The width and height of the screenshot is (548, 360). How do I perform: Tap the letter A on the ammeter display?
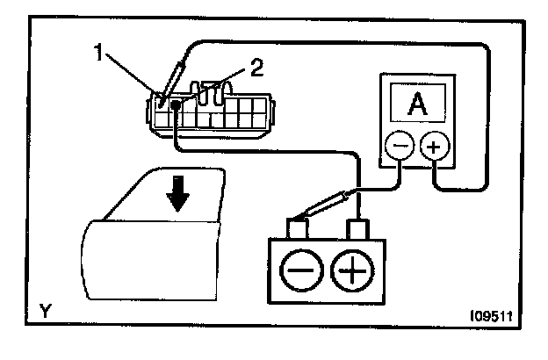click(x=416, y=106)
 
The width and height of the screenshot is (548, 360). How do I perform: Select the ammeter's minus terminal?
click(x=398, y=147)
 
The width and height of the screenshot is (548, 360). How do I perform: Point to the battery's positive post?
click(x=356, y=229)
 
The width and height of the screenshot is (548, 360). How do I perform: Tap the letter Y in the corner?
click(x=44, y=310)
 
